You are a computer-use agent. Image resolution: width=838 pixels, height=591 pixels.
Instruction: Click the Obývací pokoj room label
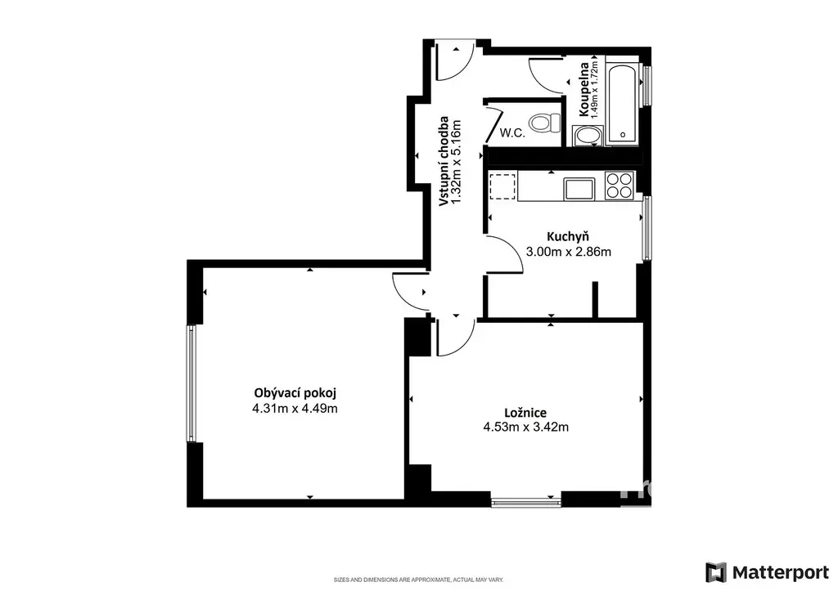[x=295, y=393]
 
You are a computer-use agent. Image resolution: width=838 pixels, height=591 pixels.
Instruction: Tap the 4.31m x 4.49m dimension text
[x=295, y=409]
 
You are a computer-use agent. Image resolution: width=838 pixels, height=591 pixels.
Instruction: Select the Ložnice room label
[x=525, y=413]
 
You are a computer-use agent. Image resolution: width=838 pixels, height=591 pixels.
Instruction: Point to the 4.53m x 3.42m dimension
[x=526, y=427]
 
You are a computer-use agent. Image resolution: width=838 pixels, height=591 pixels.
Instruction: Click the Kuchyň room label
[x=568, y=236]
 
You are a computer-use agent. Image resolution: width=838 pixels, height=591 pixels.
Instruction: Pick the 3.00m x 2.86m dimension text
[x=569, y=252]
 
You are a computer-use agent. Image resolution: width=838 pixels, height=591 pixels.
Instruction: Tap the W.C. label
[x=512, y=133]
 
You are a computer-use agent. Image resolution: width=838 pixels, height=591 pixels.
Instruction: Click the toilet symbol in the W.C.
[x=544, y=123]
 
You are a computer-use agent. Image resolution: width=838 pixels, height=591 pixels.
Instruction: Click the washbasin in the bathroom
[x=588, y=136]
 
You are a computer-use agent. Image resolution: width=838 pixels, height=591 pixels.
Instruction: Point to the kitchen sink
[x=579, y=189]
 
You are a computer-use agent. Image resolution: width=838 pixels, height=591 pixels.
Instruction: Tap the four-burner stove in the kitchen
[x=619, y=186]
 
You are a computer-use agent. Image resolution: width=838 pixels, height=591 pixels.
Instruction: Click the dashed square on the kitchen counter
[x=502, y=186]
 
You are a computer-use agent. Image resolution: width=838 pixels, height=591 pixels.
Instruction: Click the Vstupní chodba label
[x=444, y=161]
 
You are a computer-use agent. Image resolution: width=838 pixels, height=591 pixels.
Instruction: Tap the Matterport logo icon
[x=715, y=572]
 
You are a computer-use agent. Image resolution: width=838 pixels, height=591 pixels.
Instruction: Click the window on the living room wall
[x=191, y=383]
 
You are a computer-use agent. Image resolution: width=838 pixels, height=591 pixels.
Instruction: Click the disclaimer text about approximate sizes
[x=418, y=580]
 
